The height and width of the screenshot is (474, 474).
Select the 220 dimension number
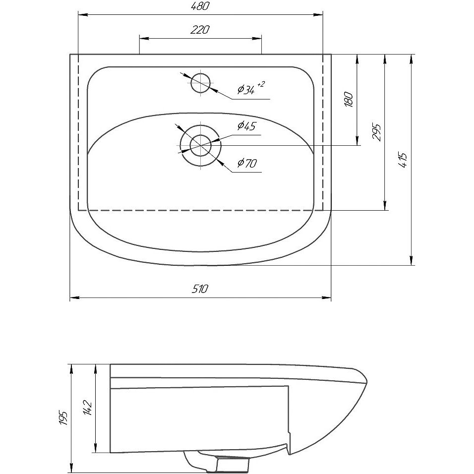click(x=200, y=30)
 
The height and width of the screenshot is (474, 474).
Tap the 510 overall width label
click(x=200, y=289)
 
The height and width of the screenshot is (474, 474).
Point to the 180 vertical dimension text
click(x=349, y=99)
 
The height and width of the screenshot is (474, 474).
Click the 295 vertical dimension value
click(x=376, y=131)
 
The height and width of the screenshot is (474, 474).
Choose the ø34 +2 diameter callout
click(x=251, y=88)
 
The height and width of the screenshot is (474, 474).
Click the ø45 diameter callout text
click(x=246, y=125)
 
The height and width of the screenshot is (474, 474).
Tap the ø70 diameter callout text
click(x=247, y=163)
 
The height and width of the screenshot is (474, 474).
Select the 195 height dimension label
click(x=63, y=418)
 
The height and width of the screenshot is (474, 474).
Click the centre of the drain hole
click(x=200, y=145)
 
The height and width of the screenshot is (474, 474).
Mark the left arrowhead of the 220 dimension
click(x=143, y=38)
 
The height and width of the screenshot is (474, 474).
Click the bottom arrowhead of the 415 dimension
click(x=411, y=261)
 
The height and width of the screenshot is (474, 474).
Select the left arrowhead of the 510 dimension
click(x=74, y=298)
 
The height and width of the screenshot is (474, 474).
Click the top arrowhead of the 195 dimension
click(x=71, y=369)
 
